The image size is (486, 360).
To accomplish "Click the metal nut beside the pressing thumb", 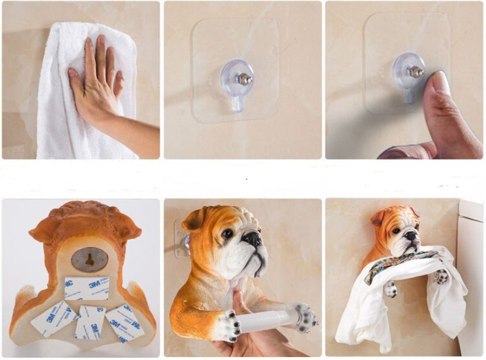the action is tap(414, 71).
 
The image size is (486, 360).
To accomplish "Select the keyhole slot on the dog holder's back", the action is tap(90, 260).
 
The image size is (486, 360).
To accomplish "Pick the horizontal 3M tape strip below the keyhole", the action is tap(87, 288).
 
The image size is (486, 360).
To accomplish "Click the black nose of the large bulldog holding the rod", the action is tap(254, 239).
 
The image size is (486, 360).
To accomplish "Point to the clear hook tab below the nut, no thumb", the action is tap(238, 103).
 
